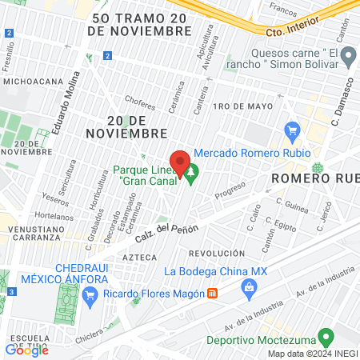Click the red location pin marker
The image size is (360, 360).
180,161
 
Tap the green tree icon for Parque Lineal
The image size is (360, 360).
192,170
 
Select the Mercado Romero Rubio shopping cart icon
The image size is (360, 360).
292,130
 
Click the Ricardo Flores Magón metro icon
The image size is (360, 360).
212,294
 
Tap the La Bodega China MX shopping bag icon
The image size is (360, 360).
250,287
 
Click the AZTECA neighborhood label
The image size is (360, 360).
141,258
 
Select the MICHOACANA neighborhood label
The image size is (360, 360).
33,81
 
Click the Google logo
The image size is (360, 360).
26,350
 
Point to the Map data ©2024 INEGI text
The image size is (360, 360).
311,354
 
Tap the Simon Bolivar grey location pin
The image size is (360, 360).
348,56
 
